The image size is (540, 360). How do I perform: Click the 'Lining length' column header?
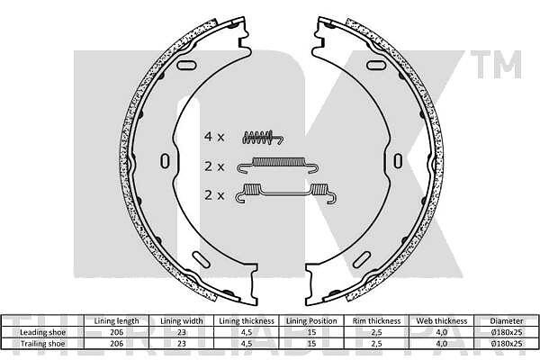(116, 321)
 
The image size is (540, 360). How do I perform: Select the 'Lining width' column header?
(182, 321)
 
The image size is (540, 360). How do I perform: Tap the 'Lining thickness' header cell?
(247, 321)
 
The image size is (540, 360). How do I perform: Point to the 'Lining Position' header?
(311, 321)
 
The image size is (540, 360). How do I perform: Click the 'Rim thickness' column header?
(377, 321)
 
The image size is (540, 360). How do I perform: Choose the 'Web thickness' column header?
(442, 321)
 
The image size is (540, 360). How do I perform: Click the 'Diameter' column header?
(507, 321)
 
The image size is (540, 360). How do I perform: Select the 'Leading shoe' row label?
(42, 332)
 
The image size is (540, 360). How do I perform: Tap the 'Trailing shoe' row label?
(42, 344)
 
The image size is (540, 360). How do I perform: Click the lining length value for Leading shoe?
(116, 332)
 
